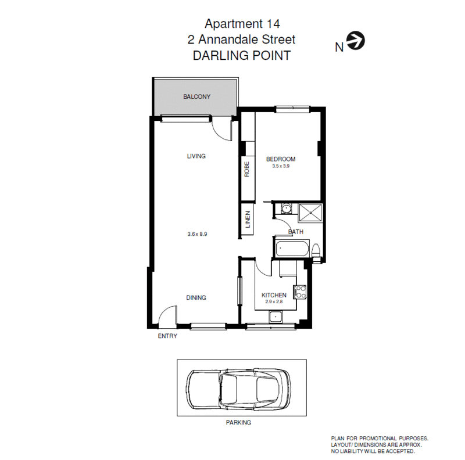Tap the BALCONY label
pyautogui.click(x=196, y=97)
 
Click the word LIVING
pyautogui.click(x=196, y=156)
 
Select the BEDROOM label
pyautogui.click(x=281, y=159)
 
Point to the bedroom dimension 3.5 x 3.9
pyautogui.click(x=281, y=166)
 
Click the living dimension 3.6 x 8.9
pyautogui.click(x=197, y=234)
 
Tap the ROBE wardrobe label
pyautogui.click(x=247, y=169)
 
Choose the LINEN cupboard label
pyautogui.click(x=247, y=221)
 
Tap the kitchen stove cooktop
pyautogui.click(x=301, y=292)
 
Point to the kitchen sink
pyautogui.click(x=276, y=317)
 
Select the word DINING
pyautogui.click(x=196, y=298)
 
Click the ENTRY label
pyautogui.click(x=167, y=336)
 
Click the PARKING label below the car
pyautogui.click(x=238, y=423)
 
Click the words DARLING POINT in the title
pyautogui.click(x=241, y=56)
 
